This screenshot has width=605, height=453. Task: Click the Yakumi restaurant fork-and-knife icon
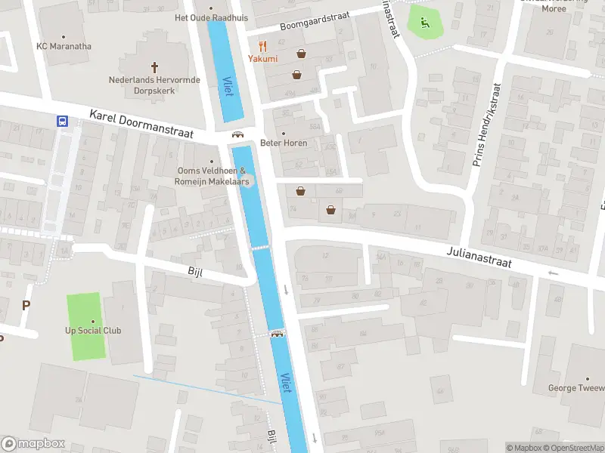(263, 45)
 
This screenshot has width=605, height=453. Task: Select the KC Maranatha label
(64, 46)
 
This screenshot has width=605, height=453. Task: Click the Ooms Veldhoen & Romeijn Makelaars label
(211, 176)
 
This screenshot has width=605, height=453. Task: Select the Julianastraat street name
(479, 256)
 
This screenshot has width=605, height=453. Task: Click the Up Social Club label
(93, 331)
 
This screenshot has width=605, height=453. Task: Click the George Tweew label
(576, 389)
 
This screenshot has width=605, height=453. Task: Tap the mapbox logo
(33, 444)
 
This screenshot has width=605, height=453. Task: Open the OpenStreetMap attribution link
(574, 448)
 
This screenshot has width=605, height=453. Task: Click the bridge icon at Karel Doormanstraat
(237, 135)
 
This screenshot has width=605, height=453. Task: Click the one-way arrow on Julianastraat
(553, 273)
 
